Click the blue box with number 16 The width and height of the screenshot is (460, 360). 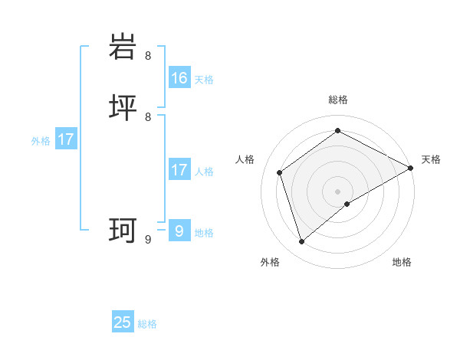179,78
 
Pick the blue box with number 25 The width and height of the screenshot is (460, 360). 123,322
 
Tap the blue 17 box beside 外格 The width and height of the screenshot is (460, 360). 66,140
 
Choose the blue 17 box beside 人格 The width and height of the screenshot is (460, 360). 179,170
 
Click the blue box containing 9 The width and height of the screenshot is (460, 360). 179,231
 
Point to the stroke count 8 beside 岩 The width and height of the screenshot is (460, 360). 148,56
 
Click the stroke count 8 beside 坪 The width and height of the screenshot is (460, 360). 148,117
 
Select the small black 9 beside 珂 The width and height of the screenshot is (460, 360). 148,240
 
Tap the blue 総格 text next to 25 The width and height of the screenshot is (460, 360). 147,324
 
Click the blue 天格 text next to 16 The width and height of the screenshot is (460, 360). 204,80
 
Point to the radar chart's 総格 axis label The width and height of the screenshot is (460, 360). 338,100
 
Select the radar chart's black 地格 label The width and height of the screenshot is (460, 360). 402,263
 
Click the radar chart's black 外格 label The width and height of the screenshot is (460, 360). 270,263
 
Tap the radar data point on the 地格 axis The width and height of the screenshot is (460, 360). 347,204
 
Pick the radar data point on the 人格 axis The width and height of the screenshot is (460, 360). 280,172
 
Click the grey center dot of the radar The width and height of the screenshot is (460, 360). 338,191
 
